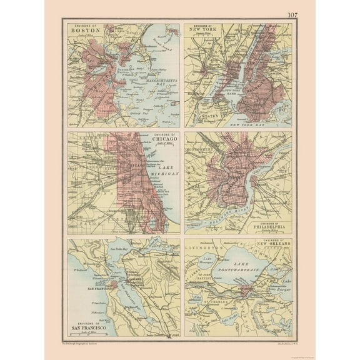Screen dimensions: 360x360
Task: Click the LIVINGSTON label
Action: click(x=201, y=249)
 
